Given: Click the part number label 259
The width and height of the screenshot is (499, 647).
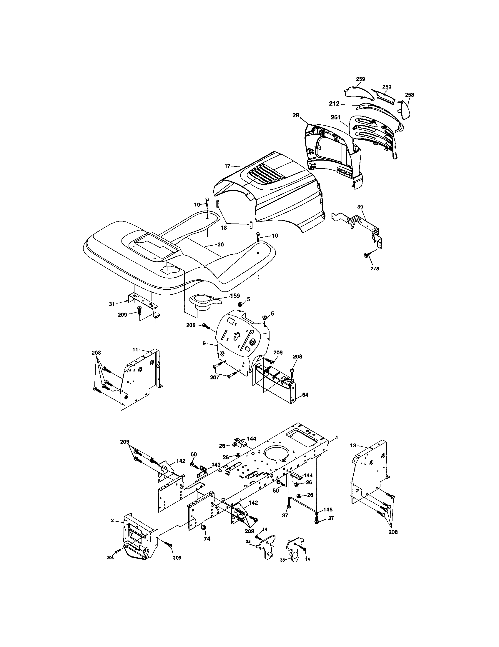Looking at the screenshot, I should (x=360, y=79).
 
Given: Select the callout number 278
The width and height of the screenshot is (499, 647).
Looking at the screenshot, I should (x=375, y=269).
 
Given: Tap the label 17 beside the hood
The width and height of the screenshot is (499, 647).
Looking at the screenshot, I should (x=227, y=166).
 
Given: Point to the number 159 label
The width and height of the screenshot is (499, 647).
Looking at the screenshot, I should (x=235, y=296).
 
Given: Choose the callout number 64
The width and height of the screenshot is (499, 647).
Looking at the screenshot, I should (x=305, y=395).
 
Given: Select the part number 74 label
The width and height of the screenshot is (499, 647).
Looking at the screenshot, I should (x=207, y=539).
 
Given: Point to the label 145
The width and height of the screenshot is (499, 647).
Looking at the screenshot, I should (x=328, y=510).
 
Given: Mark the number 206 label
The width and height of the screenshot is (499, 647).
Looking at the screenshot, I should (x=110, y=558).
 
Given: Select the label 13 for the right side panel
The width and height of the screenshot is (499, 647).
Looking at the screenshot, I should (x=353, y=445).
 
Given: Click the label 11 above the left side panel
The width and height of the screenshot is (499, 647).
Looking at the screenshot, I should (x=135, y=350).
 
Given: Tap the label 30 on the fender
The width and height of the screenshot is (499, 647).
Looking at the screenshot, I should (x=220, y=244).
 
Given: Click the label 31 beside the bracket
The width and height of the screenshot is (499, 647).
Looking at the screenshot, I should (x=112, y=304).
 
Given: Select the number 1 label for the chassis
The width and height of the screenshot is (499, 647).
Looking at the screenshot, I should (x=336, y=437).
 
